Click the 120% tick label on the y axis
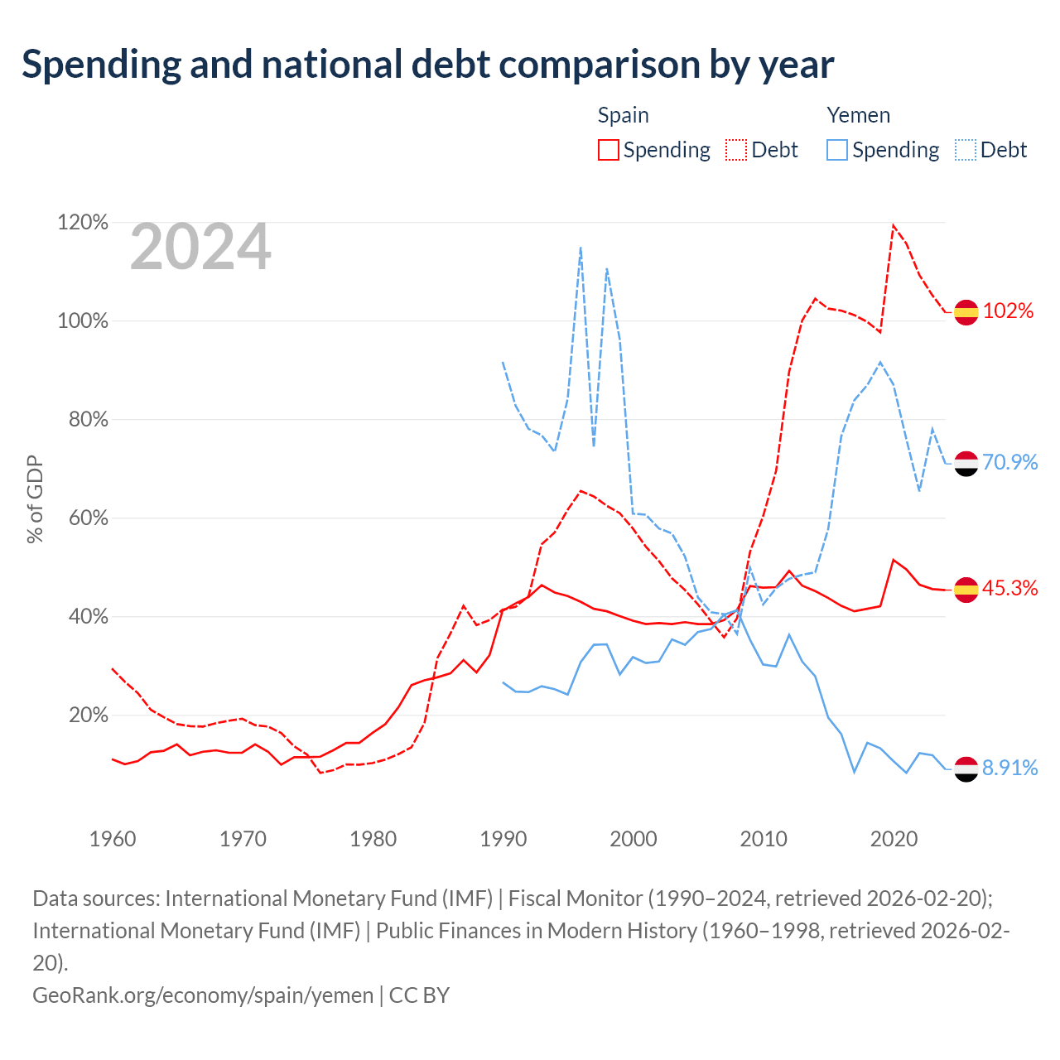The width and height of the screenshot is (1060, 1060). [83, 222]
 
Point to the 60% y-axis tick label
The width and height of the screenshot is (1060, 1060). [88, 518]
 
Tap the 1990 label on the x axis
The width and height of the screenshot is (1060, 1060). [503, 839]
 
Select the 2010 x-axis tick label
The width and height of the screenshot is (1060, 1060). [763, 839]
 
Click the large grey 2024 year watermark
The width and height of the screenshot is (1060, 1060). [200, 246]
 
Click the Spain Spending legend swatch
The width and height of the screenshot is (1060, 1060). [609, 150]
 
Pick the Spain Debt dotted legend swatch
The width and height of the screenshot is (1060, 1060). [736, 150]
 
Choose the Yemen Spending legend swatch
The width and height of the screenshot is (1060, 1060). [837, 150]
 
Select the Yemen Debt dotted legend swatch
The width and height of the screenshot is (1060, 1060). [966, 150]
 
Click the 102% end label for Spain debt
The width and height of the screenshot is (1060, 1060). [1008, 311]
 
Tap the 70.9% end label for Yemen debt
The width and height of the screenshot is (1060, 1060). [1010, 462]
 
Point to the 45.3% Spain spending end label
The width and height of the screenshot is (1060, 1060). [1010, 588]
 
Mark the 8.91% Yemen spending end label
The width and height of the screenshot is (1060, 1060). [1010, 768]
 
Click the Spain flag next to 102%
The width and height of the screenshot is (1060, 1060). [966, 312]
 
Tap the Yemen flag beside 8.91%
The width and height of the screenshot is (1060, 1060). [966, 769]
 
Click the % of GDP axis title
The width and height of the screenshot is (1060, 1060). [35, 499]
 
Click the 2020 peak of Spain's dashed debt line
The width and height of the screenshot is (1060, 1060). [893, 225]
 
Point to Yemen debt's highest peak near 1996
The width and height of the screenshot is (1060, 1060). [581, 248]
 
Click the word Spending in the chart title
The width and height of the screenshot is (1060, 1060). [102, 65]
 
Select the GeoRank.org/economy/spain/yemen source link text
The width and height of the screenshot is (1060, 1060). [203, 995]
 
